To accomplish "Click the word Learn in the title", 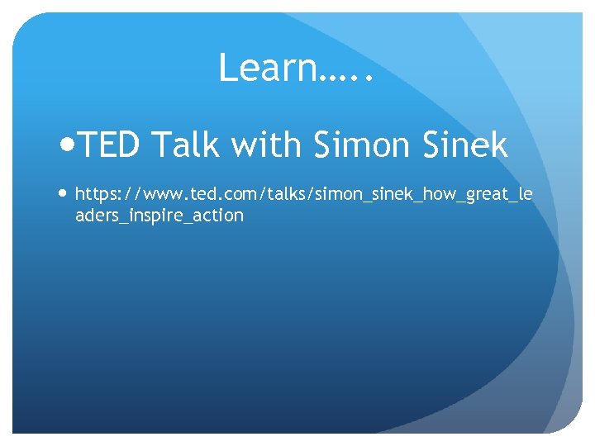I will coord(266,68).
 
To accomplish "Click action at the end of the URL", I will coord(219,216).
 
